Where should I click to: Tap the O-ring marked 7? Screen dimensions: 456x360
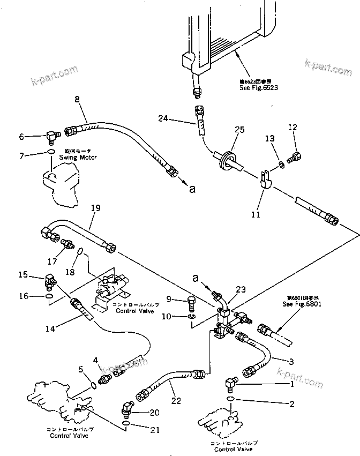pos(50,152)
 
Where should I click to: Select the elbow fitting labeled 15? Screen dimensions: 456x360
pos(50,280)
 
